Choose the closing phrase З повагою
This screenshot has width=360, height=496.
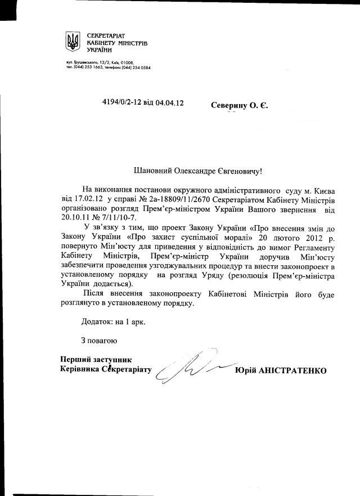pos(98,341)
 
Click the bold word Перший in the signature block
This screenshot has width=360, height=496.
pos(74,360)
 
